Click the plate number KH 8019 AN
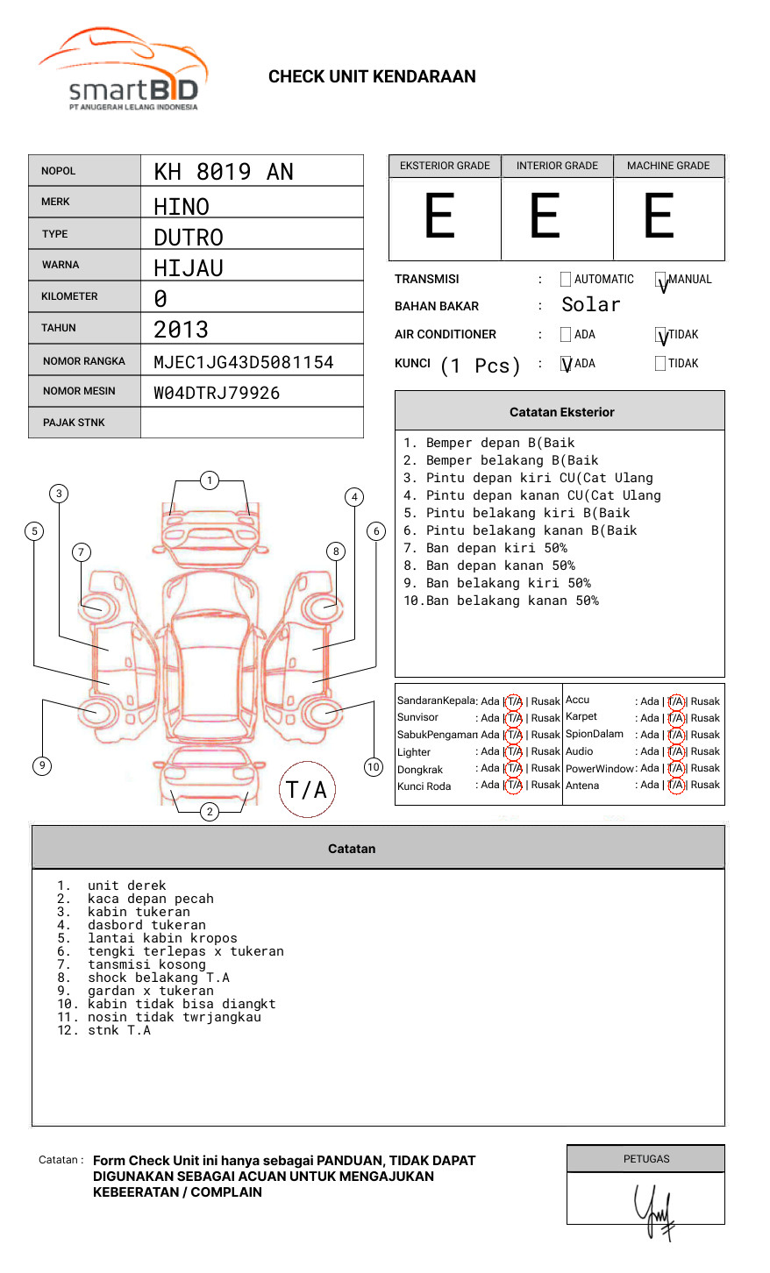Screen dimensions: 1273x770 [x=224, y=172]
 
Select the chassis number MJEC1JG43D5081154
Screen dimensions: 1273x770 [x=243, y=362]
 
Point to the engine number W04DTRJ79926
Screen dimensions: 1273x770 [x=217, y=393]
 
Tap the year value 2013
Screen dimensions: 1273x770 [x=181, y=330]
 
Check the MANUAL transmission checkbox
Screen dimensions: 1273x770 [x=660, y=280]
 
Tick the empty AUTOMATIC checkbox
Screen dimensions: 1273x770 [x=566, y=280]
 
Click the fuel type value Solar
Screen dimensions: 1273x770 [x=590, y=305]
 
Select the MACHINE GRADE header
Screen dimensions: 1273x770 [x=668, y=166]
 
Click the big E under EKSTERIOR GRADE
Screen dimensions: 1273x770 [x=440, y=217]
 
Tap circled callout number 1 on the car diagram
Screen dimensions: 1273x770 [x=209, y=480]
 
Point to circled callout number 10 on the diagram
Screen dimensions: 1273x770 [x=374, y=767]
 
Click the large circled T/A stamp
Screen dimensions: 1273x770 [x=307, y=790]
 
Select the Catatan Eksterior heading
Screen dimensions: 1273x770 [x=561, y=412]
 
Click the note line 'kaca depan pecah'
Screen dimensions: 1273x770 [x=150, y=899]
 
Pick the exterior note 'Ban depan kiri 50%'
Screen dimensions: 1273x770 [x=496, y=548]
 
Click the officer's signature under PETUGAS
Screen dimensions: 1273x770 [x=655, y=1211]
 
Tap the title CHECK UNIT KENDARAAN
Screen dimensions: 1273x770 [x=372, y=77]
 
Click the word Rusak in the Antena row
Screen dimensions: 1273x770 [x=705, y=786]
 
